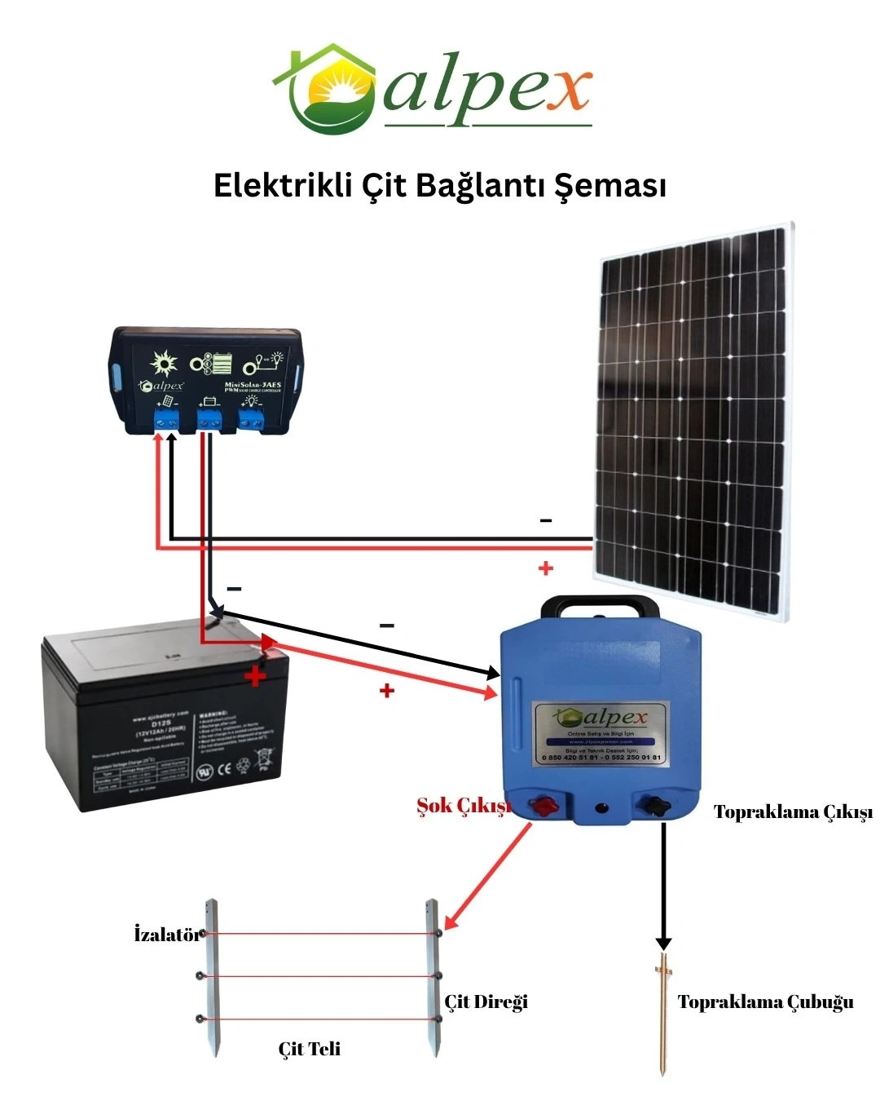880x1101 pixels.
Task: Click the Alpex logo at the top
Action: tap(432, 88)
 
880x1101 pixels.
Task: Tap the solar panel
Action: tap(693, 420)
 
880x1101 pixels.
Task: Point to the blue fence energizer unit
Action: tap(601, 718)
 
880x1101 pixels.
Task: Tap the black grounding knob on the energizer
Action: tap(654, 807)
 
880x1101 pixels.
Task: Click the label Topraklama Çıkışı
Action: tap(793, 812)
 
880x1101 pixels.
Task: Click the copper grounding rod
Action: tap(664, 1011)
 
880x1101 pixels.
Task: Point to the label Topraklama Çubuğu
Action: tap(765, 1002)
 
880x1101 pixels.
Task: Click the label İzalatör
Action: tap(167, 935)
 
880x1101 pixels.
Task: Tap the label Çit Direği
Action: tap(486, 1002)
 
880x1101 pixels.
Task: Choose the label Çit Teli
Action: tap(310, 1049)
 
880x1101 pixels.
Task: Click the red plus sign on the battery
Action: tap(256, 675)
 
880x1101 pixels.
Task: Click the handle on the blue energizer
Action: tap(601, 608)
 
